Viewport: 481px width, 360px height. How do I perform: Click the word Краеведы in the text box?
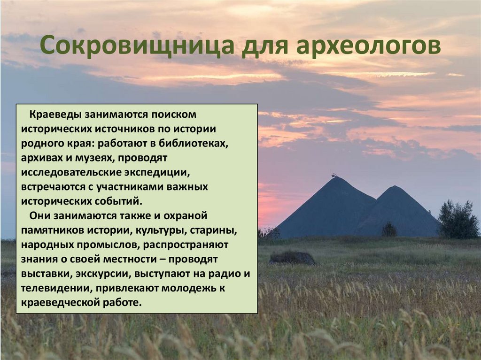(56, 115)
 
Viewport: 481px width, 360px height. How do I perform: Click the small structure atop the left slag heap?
(334, 176)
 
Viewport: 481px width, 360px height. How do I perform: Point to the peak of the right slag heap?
(394, 187)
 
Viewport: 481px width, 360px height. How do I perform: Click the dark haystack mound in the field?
(292, 258)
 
